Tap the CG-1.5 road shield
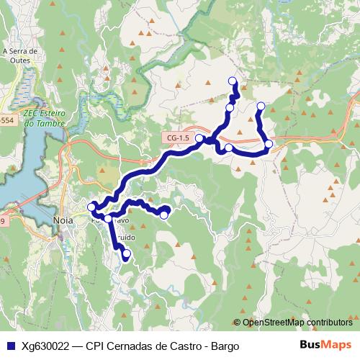tap(177, 138)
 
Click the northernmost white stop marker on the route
tap(233, 81)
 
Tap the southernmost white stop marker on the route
tap(127, 253)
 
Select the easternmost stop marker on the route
tap(269, 144)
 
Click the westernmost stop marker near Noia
tap(91, 207)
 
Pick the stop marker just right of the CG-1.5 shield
tap(199, 137)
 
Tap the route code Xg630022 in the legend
tap(45, 346)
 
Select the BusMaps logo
tap(325, 345)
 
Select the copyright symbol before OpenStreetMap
tap(237, 323)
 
